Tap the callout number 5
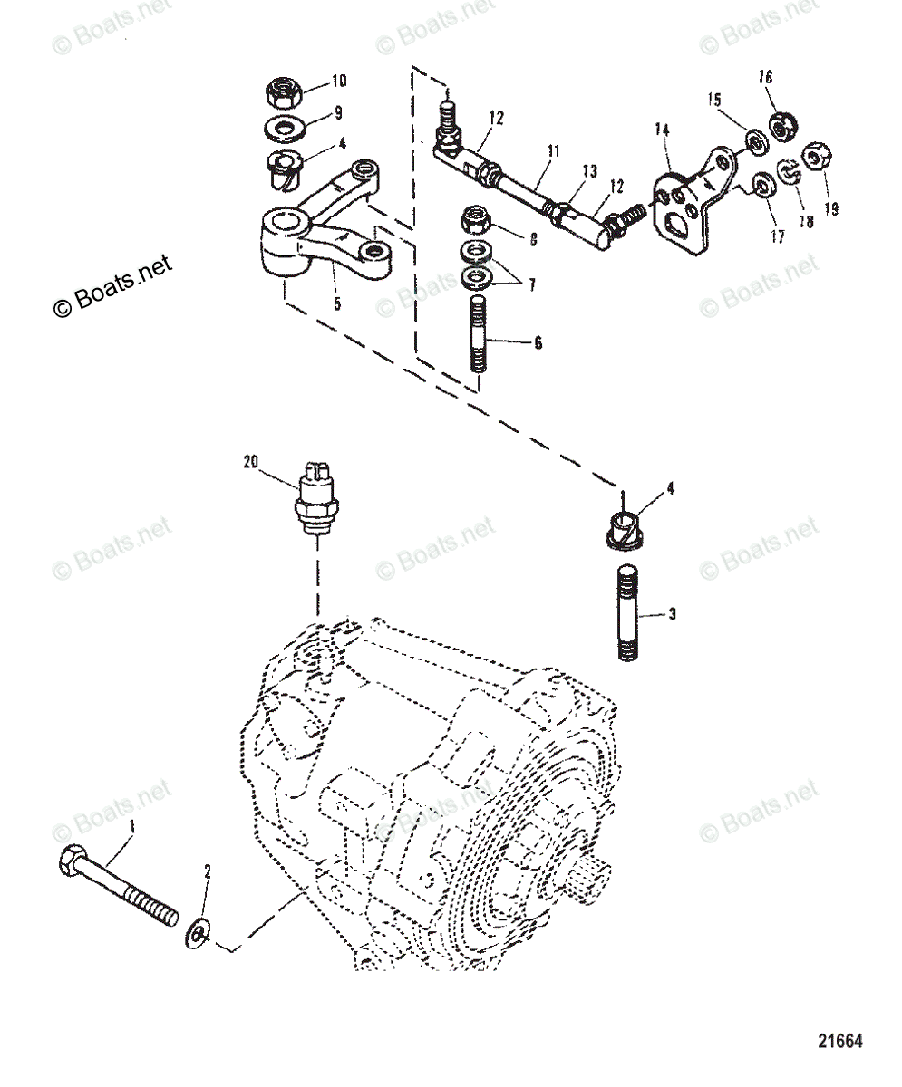[336, 305]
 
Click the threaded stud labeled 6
[480, 338]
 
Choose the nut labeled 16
[781, 126]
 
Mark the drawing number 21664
[840, 1041]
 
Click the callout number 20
[250, 461]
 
